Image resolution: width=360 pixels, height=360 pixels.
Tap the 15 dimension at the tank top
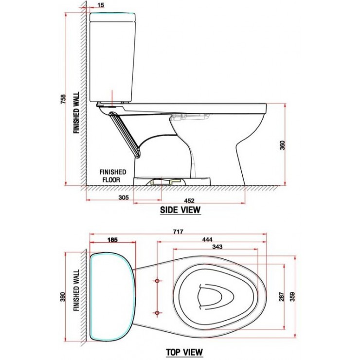100,5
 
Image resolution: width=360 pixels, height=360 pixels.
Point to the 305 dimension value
123,197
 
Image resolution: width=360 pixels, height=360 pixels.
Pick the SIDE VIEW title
180,210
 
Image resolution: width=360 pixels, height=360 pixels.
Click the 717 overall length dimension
177,233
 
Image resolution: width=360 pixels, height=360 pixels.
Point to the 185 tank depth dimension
112,240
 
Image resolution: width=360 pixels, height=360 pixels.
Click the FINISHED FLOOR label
113,175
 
